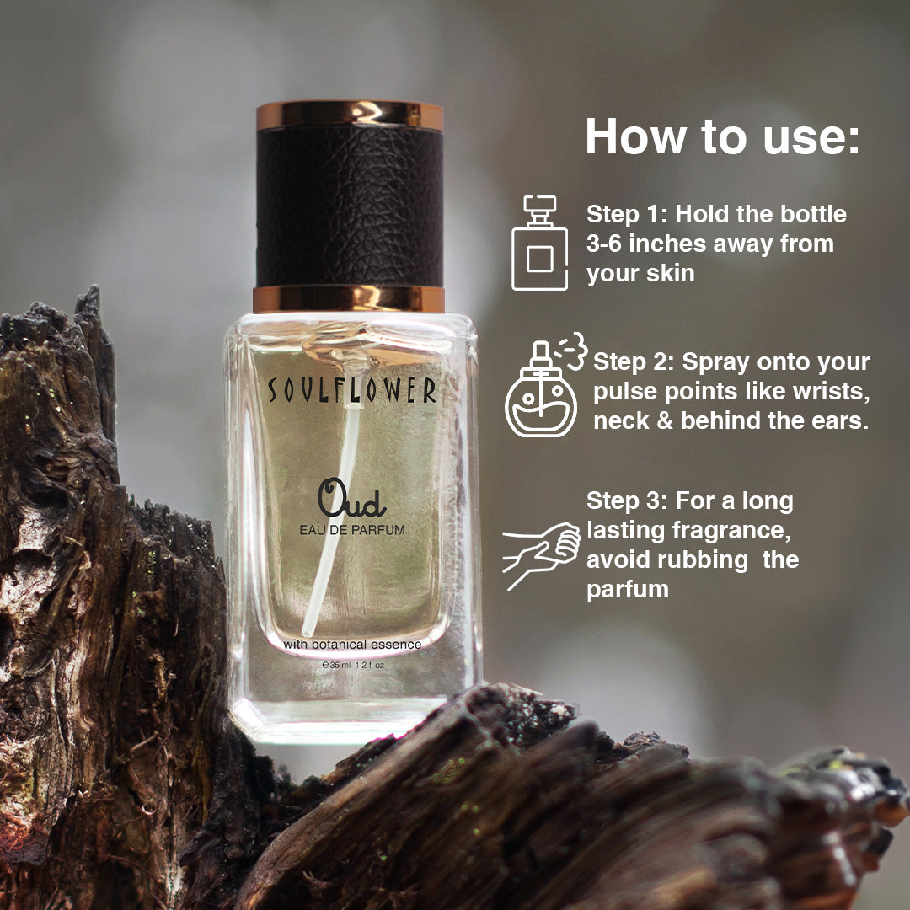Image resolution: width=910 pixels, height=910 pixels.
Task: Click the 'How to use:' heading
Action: click(722, 137)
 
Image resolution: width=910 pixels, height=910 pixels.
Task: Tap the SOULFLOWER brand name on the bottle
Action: click(351, 390)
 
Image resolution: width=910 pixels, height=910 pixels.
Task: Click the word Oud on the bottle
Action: click(351, 498)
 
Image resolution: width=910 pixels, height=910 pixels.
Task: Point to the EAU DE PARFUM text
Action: click(352, 530)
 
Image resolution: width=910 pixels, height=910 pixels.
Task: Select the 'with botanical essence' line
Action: click(352, 645)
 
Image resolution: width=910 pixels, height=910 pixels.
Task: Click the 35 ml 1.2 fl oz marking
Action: click(353, 665)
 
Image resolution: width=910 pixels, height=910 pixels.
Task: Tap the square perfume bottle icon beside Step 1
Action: click(540, 243)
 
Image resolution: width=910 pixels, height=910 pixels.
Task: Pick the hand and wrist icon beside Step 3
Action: click(541, 555)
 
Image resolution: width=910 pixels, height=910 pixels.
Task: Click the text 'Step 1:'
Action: click(627, 215)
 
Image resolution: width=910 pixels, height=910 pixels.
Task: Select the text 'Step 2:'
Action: click(634, 362)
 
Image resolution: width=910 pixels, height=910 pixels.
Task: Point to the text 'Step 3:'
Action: click(627, 500)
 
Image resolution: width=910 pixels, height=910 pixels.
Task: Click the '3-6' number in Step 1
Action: click(603, 244)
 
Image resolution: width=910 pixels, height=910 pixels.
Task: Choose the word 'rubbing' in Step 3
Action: click(703, 561)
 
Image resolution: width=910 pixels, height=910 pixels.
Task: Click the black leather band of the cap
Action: click(350, 207)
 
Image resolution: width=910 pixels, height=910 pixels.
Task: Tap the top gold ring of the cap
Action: click(350, 115)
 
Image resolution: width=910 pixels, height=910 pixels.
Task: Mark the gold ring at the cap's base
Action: click(349, 299)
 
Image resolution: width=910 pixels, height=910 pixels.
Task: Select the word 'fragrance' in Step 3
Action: click(731, 531)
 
